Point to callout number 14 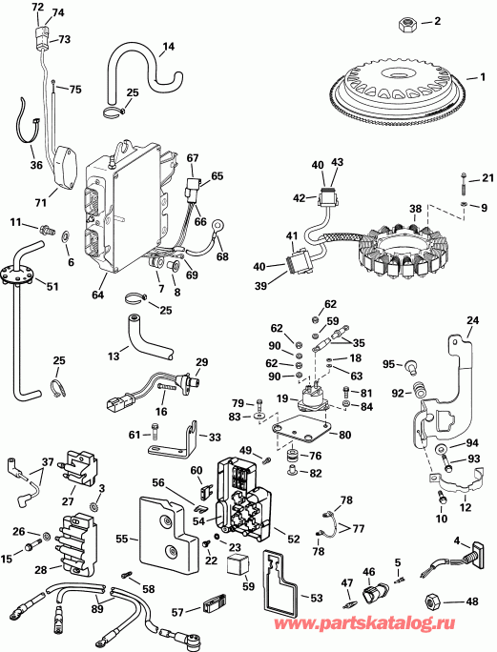tap(168, 46)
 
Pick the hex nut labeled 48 tap(432, 601)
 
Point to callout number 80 tap(345, 436)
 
